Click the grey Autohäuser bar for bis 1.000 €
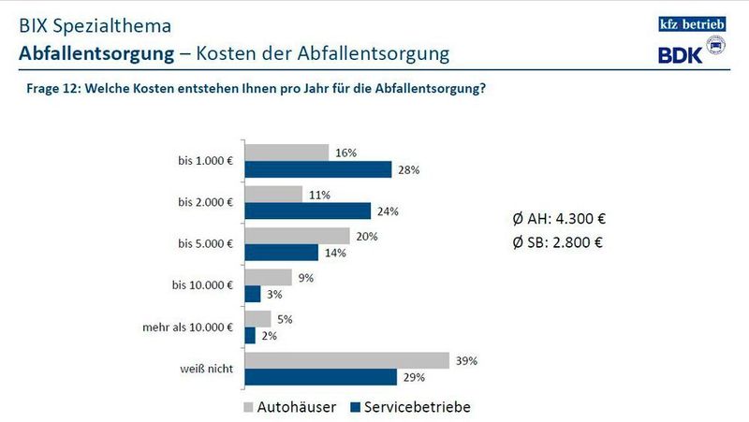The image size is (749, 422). [286, 153]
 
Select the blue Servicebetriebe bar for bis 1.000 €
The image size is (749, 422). [317, 169]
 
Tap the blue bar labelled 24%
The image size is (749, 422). [307, 211]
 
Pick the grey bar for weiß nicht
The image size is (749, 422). [347, 360]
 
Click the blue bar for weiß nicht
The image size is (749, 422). [319, 377]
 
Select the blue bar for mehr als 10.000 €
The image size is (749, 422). [249, 336]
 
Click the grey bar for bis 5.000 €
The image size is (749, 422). [297, 236]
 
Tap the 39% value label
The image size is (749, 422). [467, 360]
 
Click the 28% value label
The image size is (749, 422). [407, 169]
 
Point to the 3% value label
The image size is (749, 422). [272, 295]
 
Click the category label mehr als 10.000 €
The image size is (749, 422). [186, 327]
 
